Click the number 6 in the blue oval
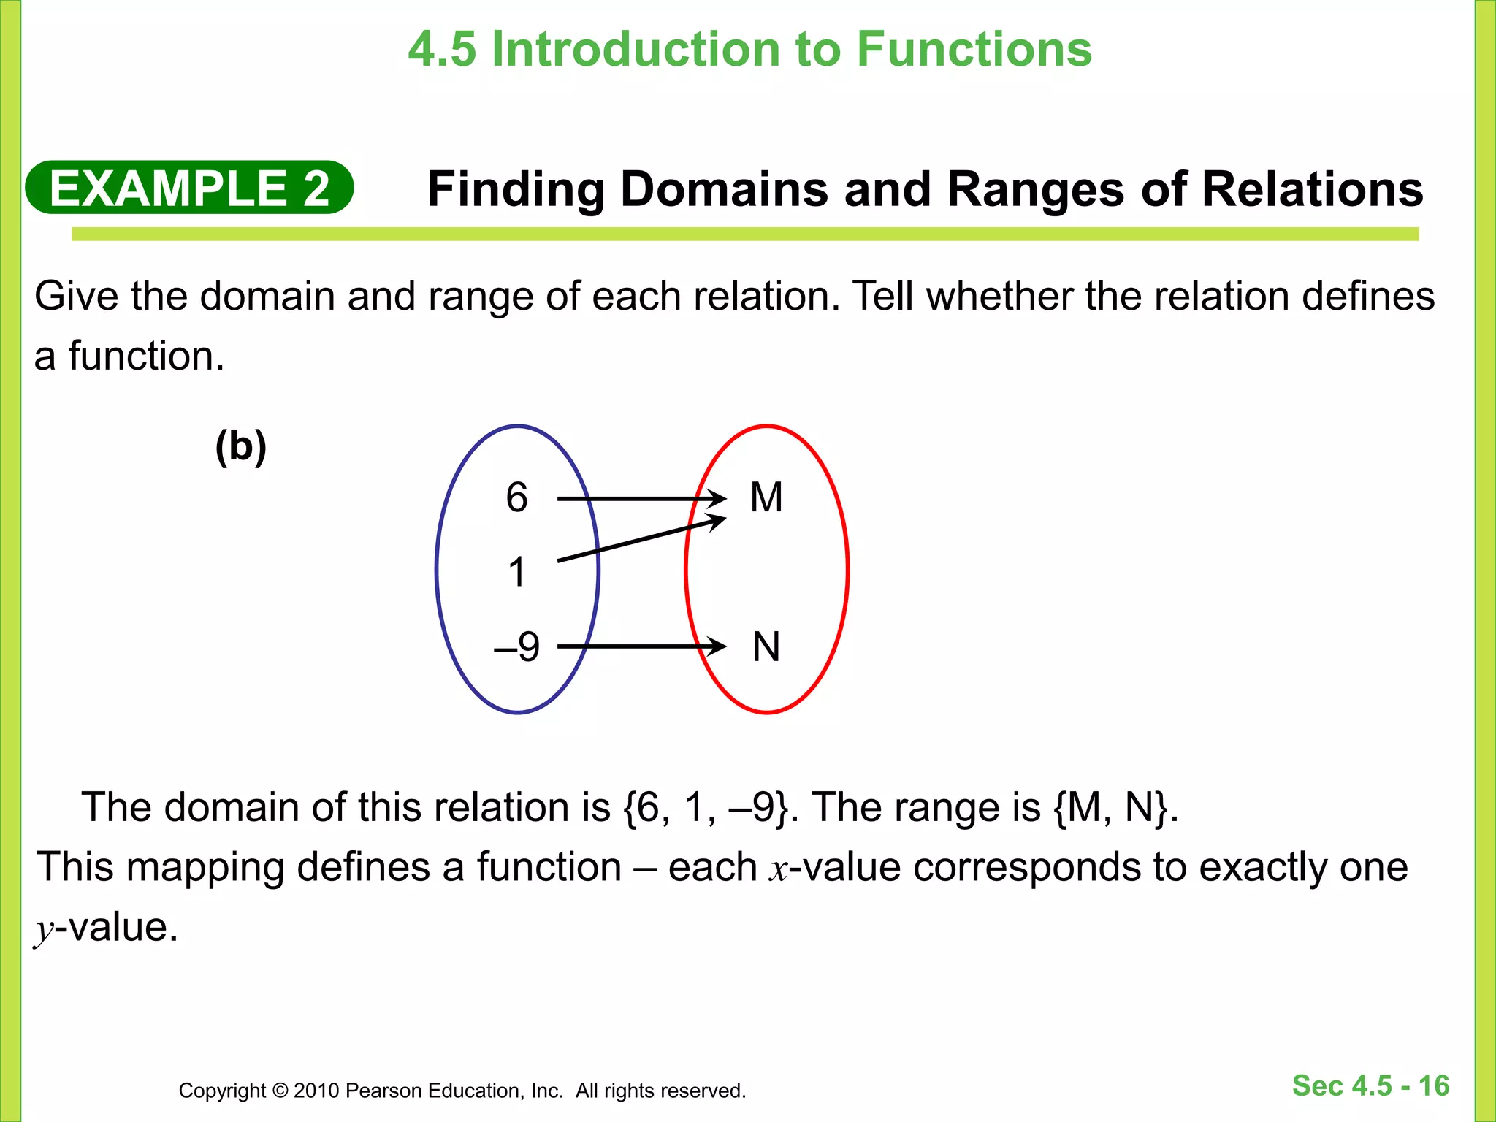516,498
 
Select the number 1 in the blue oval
517,572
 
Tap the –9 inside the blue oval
517,646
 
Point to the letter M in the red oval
766,498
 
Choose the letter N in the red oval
766,647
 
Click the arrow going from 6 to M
641,499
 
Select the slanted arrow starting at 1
641,540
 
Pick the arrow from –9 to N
641,646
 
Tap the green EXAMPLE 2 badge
189,188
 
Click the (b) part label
240,446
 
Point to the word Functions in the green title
974,50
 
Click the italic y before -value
45,930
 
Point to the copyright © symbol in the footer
280,1091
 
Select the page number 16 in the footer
1433,1085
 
